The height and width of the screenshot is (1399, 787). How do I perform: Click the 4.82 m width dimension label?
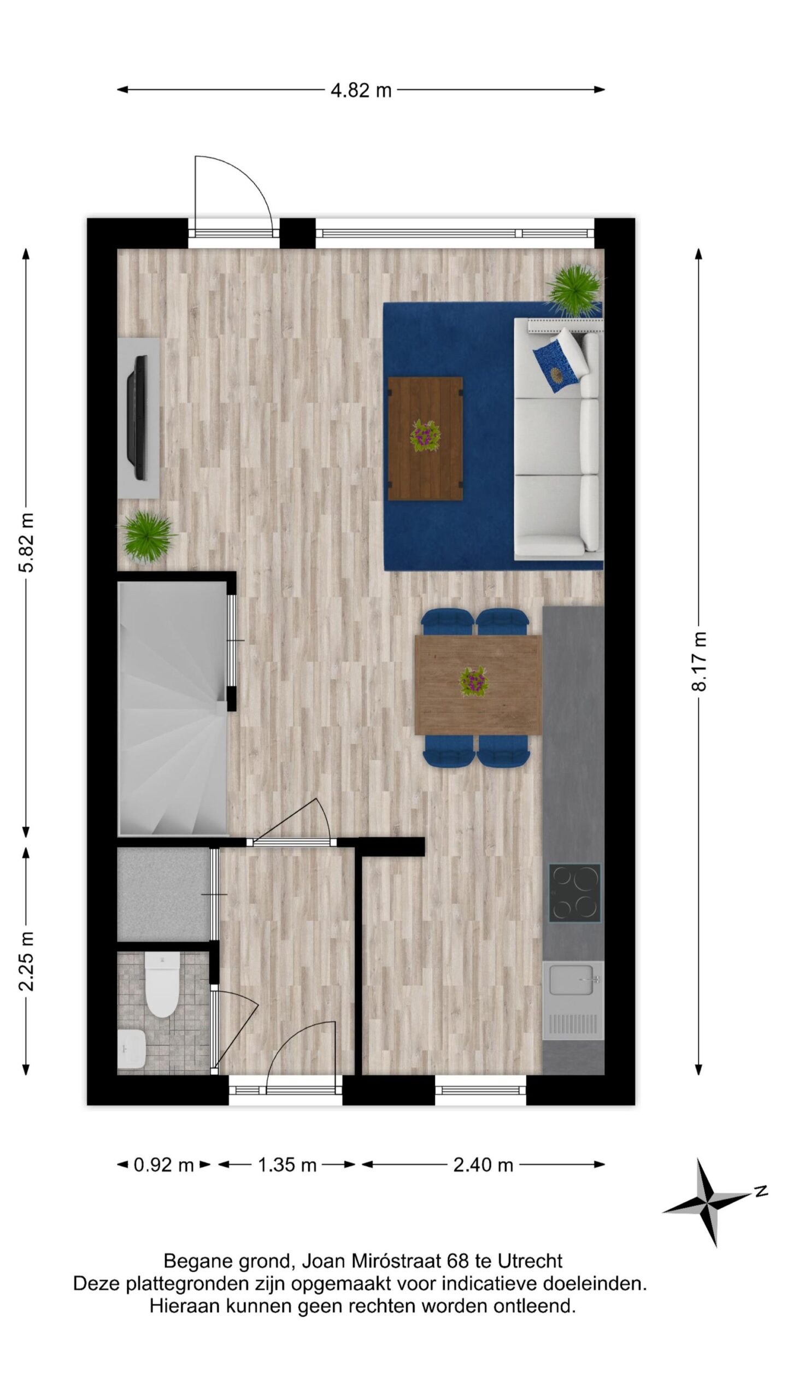(x=361, y=90)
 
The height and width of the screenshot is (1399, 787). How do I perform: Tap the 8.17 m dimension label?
(x=699, y=661)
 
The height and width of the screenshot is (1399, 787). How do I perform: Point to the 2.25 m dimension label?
(x=26, y=961)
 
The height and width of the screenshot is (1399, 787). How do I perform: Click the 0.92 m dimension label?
(x=163, y=1165)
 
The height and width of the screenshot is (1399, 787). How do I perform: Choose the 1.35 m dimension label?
(x=287, y=1165)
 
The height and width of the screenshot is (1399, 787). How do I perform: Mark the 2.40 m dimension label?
(x=483, y=1165)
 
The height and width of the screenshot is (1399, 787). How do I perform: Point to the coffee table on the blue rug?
(x=425, y=438)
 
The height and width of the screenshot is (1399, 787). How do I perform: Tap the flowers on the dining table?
(x=474, y=681)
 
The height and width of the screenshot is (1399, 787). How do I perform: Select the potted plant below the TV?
(x=148, y=536)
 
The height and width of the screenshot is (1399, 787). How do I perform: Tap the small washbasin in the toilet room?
(x=131, y=1049)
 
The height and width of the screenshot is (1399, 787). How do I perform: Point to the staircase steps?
(x=172, y=708)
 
